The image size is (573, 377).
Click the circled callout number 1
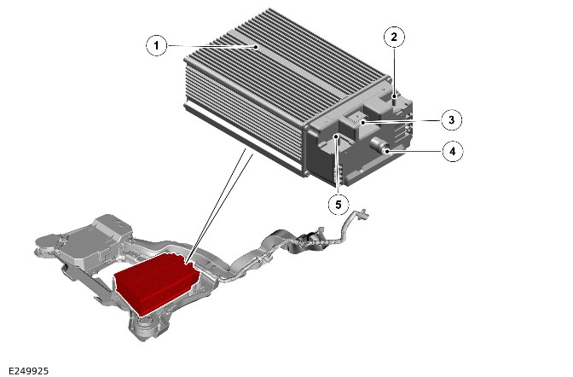click(x=156, y=46)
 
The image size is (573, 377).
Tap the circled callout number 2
click(x=394, y=37)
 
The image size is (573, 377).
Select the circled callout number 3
click(x=451, y=119)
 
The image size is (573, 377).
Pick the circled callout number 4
click(x=453, y=151)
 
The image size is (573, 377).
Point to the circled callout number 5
click(x=338, y=205)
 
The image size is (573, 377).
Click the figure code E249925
click(x=28, y=371)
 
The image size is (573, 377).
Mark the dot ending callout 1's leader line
click(x=257, y=47)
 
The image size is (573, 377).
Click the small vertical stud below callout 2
click(x=394, y=100)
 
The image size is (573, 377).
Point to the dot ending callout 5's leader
click(x=336, y=136)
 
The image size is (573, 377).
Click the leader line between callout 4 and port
click(x=415, y=151)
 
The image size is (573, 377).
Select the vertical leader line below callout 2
click(x=394, y=71)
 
